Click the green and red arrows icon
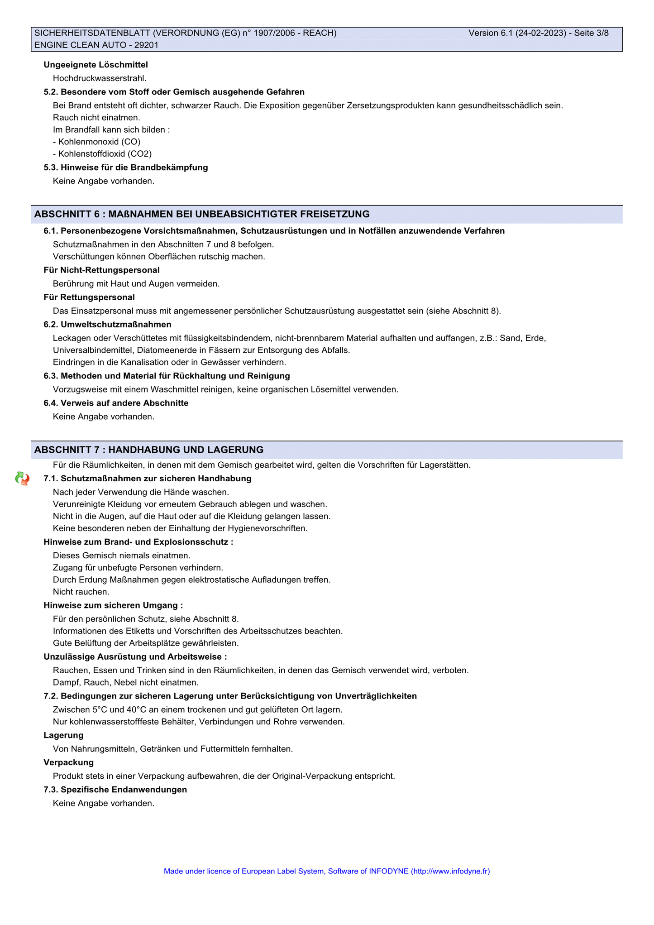(22, 479)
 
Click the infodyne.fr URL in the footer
(450, 871)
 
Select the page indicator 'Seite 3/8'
(591, 33)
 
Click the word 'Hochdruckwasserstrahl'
(99, 78)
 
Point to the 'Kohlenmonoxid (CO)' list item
(96, 142)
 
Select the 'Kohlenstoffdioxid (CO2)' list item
(102, 154)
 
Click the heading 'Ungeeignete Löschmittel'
(95, 65)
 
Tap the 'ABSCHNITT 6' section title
(202, 214)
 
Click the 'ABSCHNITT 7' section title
(149, 450)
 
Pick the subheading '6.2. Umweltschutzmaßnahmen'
(107, 325)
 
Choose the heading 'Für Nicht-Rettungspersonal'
(101, 270)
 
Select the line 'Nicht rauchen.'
(81, 592)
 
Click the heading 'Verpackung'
(68, 762)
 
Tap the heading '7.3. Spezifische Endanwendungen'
(115, 790)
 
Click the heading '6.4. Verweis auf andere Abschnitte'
(116, 403)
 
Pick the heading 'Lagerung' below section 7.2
(63, 735)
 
